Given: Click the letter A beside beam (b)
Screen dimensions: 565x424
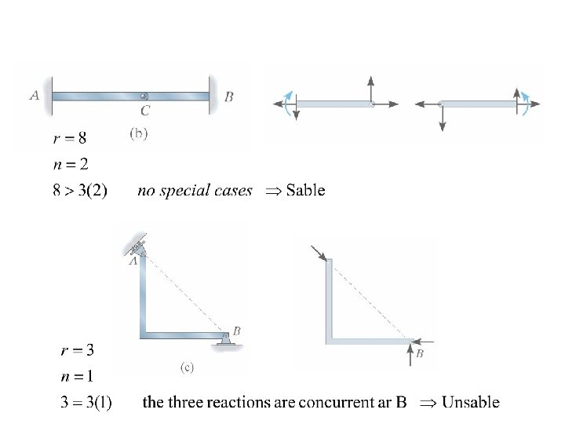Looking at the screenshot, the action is tap(34, 96).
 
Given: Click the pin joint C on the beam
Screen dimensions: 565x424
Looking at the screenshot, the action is tap(144, 97).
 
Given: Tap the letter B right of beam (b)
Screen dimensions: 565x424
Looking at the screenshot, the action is tap(228, 97).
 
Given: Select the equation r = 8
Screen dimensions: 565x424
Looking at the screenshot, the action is tap(70, 139).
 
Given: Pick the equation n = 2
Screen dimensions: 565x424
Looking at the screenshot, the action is tap(70, 164).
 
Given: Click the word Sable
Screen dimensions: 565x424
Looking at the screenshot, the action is tap(305, 190).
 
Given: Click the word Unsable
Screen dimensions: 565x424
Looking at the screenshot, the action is tap(470, 403).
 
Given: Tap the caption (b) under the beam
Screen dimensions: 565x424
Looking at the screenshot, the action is tap(137, 133).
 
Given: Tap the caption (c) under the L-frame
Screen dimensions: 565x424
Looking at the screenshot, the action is tap(187, 366).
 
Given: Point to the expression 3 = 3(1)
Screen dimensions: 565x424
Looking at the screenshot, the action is tap(86, 404).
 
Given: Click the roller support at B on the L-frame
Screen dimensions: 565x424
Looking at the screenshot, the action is tap(225, 338).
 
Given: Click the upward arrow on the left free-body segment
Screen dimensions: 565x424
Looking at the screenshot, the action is tap(370, 88).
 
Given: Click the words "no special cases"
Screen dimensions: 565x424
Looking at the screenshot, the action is tap(195, 190).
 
